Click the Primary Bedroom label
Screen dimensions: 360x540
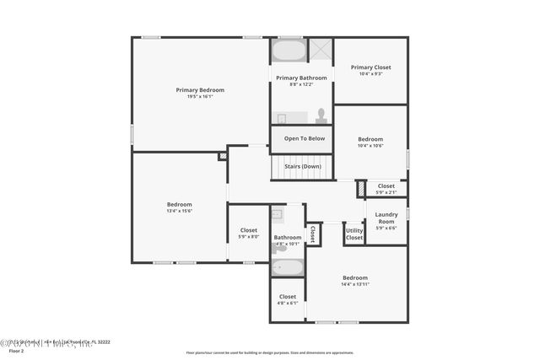coord(200,89)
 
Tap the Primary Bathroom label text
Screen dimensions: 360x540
coord(301,78)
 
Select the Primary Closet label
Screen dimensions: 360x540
coord(370,67)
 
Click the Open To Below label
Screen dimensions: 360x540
coord(304,138)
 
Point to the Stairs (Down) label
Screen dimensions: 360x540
coord(302,166)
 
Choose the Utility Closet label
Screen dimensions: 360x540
coord(354,233)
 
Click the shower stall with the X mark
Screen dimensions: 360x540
coord(320,49)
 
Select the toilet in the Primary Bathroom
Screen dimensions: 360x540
coord(321,116)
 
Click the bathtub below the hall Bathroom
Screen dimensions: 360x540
coord(288,268)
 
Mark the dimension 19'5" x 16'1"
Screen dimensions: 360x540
coord(200,96)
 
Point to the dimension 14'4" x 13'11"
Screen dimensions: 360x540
coord(355,284)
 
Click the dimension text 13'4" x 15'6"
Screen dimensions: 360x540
coord(179,211)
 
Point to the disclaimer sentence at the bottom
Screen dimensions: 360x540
coord(270,352)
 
